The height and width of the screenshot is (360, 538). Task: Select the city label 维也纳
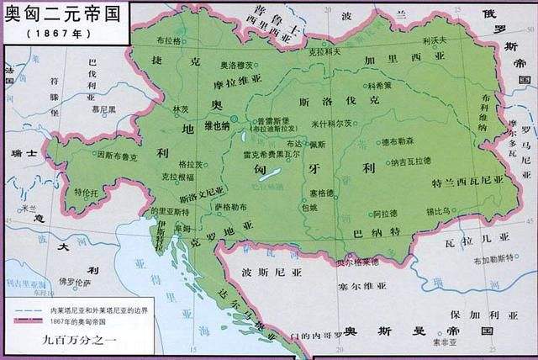(214, 126)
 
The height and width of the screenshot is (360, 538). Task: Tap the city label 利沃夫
(434, 40)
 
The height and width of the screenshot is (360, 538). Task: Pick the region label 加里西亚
(393, 61)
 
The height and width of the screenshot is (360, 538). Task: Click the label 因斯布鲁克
(116, 155)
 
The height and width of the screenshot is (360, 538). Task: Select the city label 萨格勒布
(229, 206)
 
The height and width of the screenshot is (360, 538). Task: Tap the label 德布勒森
(396, 141)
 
